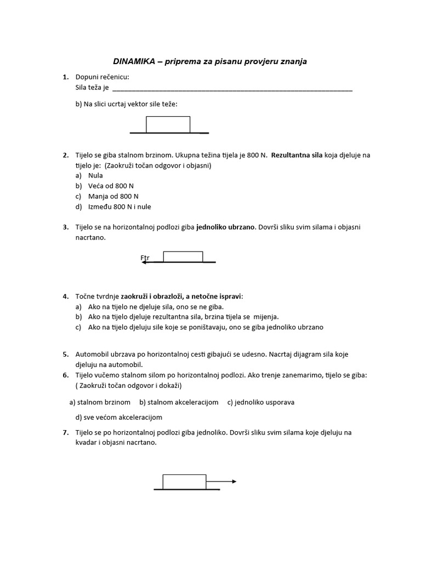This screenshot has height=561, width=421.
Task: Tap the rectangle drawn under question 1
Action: coord(168,124)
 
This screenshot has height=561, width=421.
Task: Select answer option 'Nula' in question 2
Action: coord(95,175)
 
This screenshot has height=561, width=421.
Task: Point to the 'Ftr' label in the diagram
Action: coord(145,257)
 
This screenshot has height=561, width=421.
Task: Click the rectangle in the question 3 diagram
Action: coord(183,256)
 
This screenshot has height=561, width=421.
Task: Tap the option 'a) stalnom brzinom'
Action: coord(100,402)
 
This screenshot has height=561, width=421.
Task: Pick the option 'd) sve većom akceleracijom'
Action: coord(119,417)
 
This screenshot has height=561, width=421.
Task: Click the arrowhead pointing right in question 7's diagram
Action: coord(234,482)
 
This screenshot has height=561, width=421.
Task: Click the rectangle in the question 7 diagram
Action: coord(184,482)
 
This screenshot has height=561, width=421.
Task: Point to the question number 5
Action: coord(65,354)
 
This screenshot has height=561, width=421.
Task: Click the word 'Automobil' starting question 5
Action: coord(91,354)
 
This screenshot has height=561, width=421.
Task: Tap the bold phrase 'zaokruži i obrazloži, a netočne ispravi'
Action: coord(181,296)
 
